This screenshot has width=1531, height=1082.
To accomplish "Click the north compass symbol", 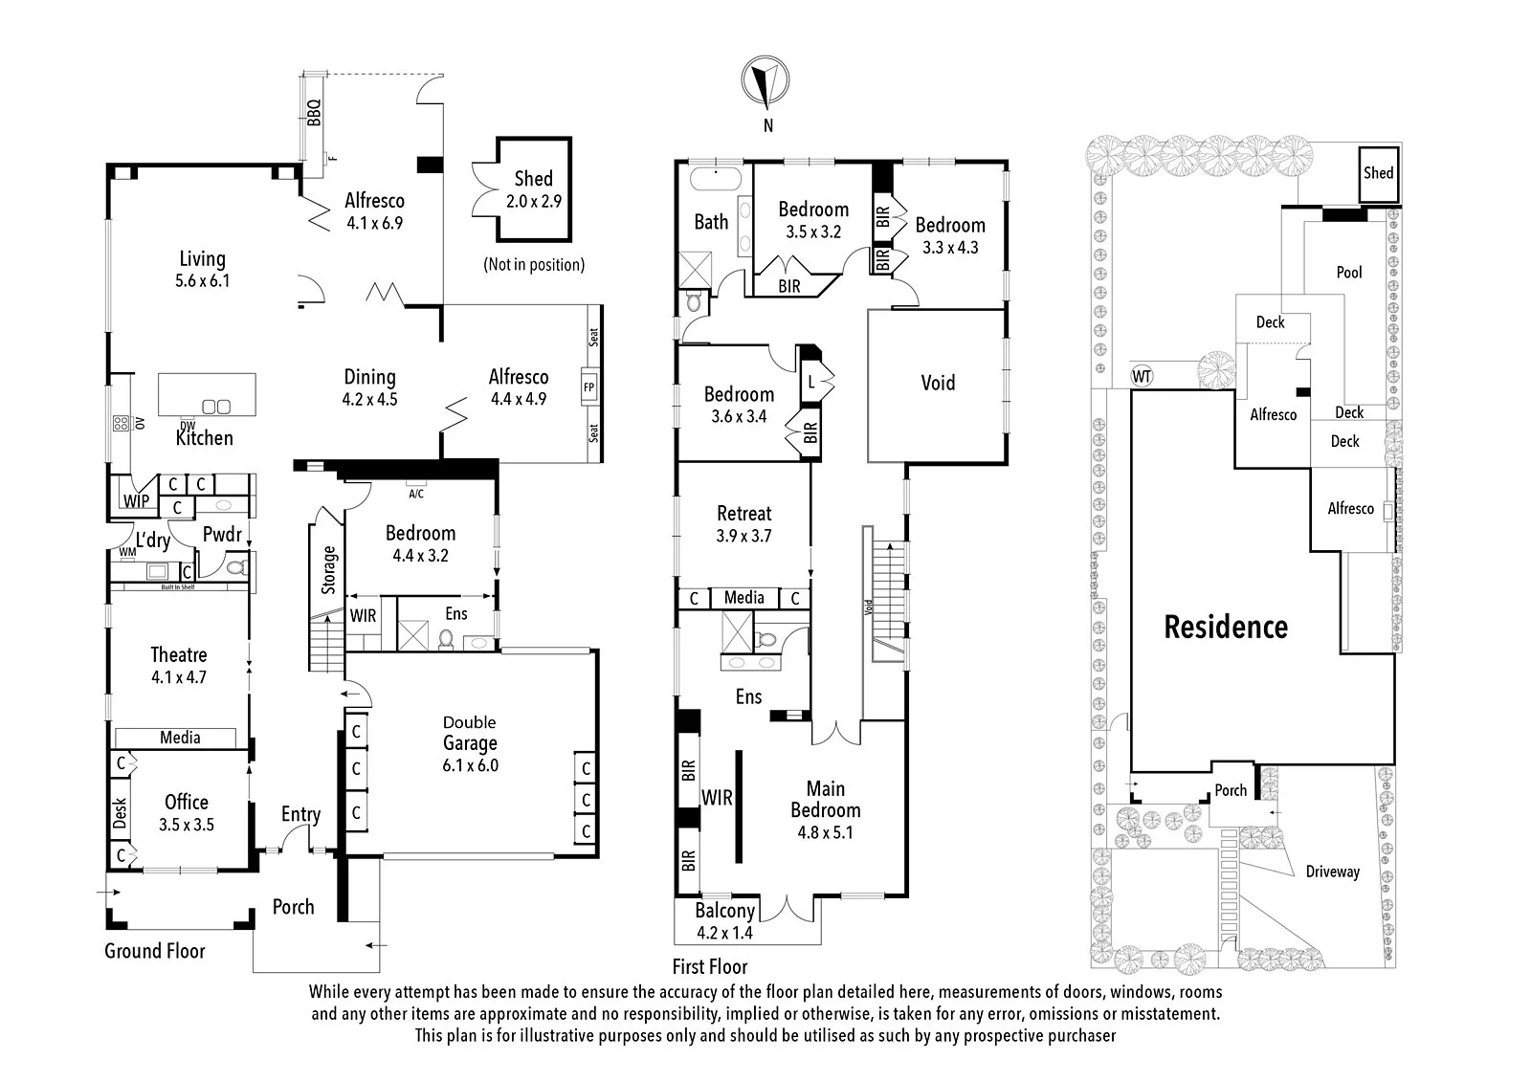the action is pyautogui.click(x=765, y=81).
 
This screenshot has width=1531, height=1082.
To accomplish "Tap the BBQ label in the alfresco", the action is pyautogui.click(x=314, y=113).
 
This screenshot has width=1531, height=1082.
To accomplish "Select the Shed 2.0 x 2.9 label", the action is pyautogui.click(x=534, y=189).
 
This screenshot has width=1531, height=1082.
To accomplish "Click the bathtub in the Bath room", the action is pyautogui.click(x=716, y=178).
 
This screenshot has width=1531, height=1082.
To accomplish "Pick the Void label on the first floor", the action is pyautogui.click(x=938, y=382).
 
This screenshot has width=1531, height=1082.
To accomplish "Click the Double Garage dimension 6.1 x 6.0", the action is pyautogui.click(x=470, y=765).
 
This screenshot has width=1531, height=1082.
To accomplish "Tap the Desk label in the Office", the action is pyautogui.click(x=120, y=813).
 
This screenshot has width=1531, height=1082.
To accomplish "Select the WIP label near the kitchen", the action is pyautogui.click(x=136, y=501).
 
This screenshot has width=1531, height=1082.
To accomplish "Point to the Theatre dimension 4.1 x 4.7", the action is pyautogui.click(x=178, y=677).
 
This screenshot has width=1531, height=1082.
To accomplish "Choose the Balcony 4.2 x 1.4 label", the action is pyautogui.click(x=724, y=921).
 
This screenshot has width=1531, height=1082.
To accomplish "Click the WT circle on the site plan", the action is pyautogui.click(x=1143, y=376).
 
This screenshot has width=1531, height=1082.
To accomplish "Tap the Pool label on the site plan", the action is pyautogui.click(x=1349, y=272).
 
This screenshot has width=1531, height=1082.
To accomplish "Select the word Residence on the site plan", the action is pyautogui.click(x=1226, y=627).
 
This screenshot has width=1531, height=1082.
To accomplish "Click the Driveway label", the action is pyautogui.click(x=1333, y=872).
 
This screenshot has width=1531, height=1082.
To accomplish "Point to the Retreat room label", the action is pyautogui.click(x=743, y=513).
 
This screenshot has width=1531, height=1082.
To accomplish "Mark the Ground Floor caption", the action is pyautogui.click(x=154, y=951).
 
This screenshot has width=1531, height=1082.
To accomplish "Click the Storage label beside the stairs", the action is pyautogui.click(x=329, y=569).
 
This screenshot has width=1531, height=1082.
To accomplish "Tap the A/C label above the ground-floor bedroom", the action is pyautogui.click(x=415, y=494).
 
